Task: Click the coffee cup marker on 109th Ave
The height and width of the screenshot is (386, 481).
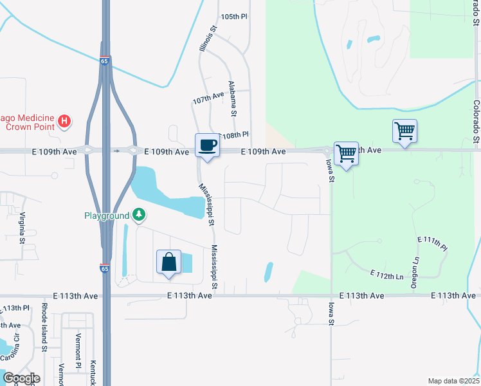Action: click(x=207, y=144)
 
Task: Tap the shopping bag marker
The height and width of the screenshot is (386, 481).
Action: click(x=168, y=262)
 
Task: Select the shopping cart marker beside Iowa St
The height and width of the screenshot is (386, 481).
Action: click(x=346, y=154)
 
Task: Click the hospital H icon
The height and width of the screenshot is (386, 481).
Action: click(x=64, y=121)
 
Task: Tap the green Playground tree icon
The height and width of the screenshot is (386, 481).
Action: click(x=138, y=216)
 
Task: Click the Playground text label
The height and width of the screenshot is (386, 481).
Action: click(x=107, y=216)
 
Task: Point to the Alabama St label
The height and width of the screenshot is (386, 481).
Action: click(x=232, y=99)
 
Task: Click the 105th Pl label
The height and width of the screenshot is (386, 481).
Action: click(x=233, y=16)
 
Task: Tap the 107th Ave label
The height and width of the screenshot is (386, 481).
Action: click(x=208, y=98)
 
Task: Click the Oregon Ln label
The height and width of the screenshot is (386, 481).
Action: click(x=416, y=269)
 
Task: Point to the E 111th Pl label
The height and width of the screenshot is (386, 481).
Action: click(x=431, y=243)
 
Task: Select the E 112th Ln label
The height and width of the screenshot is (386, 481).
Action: click(x=386, y=275)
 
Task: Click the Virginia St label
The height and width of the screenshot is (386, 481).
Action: click(x=22, y=228)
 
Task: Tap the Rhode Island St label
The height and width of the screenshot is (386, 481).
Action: click(x=44, y=327)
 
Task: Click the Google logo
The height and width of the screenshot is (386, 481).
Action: click(x=21, y=378)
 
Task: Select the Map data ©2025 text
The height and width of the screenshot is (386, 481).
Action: click(x=453, y=381)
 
